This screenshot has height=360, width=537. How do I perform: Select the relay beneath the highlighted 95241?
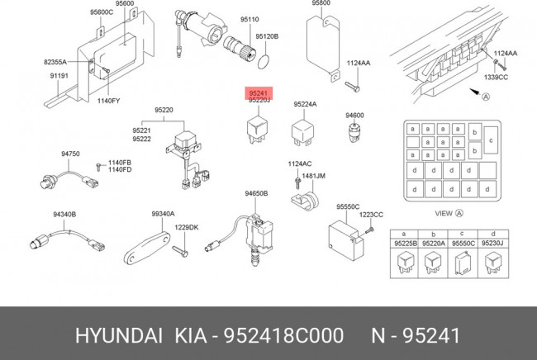click(254, 127)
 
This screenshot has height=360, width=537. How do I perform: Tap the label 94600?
click(354, 116)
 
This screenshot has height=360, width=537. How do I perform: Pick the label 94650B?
click(255, 193)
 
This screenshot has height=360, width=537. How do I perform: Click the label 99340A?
click(162, 214)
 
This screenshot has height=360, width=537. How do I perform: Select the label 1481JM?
click(313, 176)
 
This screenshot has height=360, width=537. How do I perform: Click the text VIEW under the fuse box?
click(444, 214)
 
